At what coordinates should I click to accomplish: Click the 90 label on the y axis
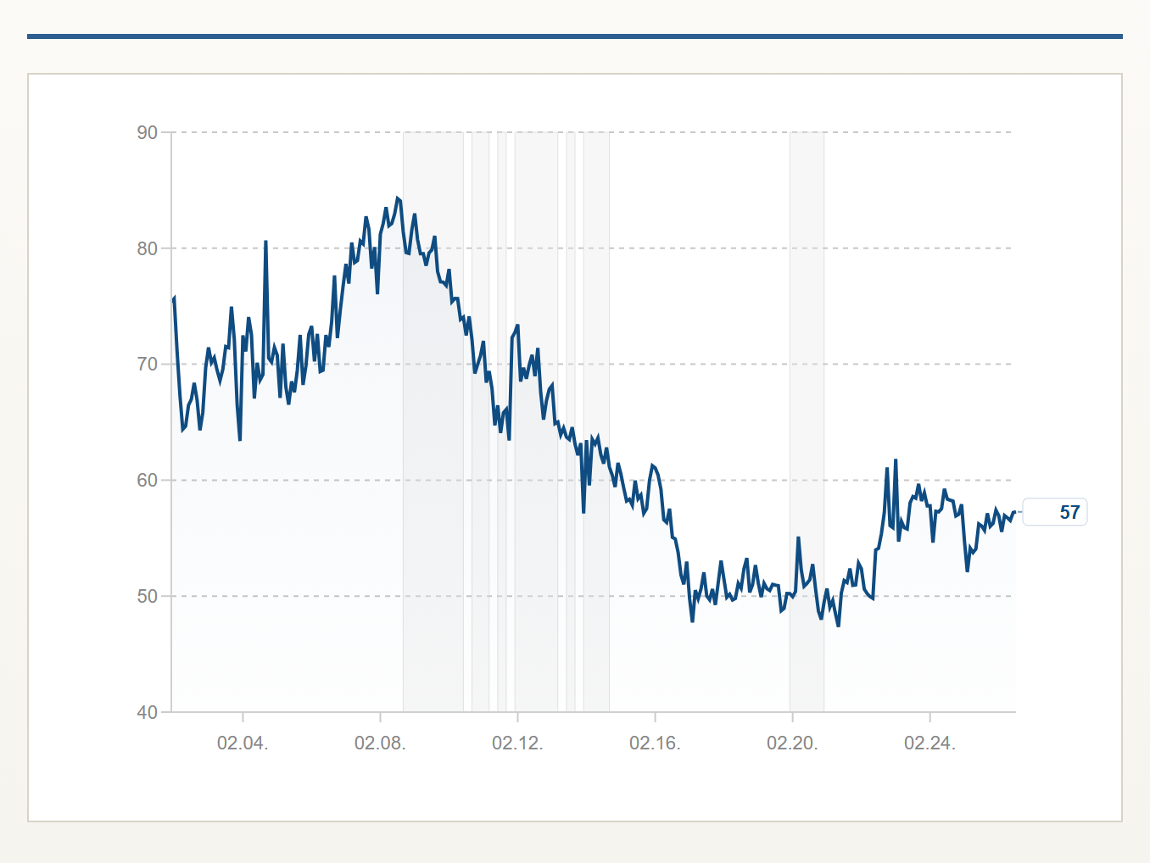pos(148,132)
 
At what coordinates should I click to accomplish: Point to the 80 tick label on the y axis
pos(148,248)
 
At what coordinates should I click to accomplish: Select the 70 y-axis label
pos(148,365)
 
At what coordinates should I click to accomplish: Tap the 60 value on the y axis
pos(148,480)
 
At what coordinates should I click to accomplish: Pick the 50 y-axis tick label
pos(148,597)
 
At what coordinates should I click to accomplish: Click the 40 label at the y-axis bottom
pos(148,713)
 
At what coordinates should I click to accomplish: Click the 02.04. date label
pos(243,743)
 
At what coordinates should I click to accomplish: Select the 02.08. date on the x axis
pos(380,743)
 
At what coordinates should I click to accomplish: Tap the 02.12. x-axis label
pos(517,743)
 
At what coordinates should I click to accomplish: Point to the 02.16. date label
pos(655,743)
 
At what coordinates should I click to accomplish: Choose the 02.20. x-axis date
pos(792,743)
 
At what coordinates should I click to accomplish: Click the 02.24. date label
pos(930,743)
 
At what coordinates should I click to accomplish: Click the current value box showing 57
pos(1055,512)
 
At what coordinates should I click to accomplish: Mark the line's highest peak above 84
pos(397,198)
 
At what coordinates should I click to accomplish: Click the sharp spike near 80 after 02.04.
pos(265,242)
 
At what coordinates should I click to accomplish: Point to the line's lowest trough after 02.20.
pos(838,626)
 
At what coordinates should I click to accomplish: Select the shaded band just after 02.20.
pos(807,422)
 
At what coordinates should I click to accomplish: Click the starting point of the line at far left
pos(173,298)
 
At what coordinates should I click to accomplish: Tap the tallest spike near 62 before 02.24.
pos(896,459)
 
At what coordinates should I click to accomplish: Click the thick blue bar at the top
pos(575,36)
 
